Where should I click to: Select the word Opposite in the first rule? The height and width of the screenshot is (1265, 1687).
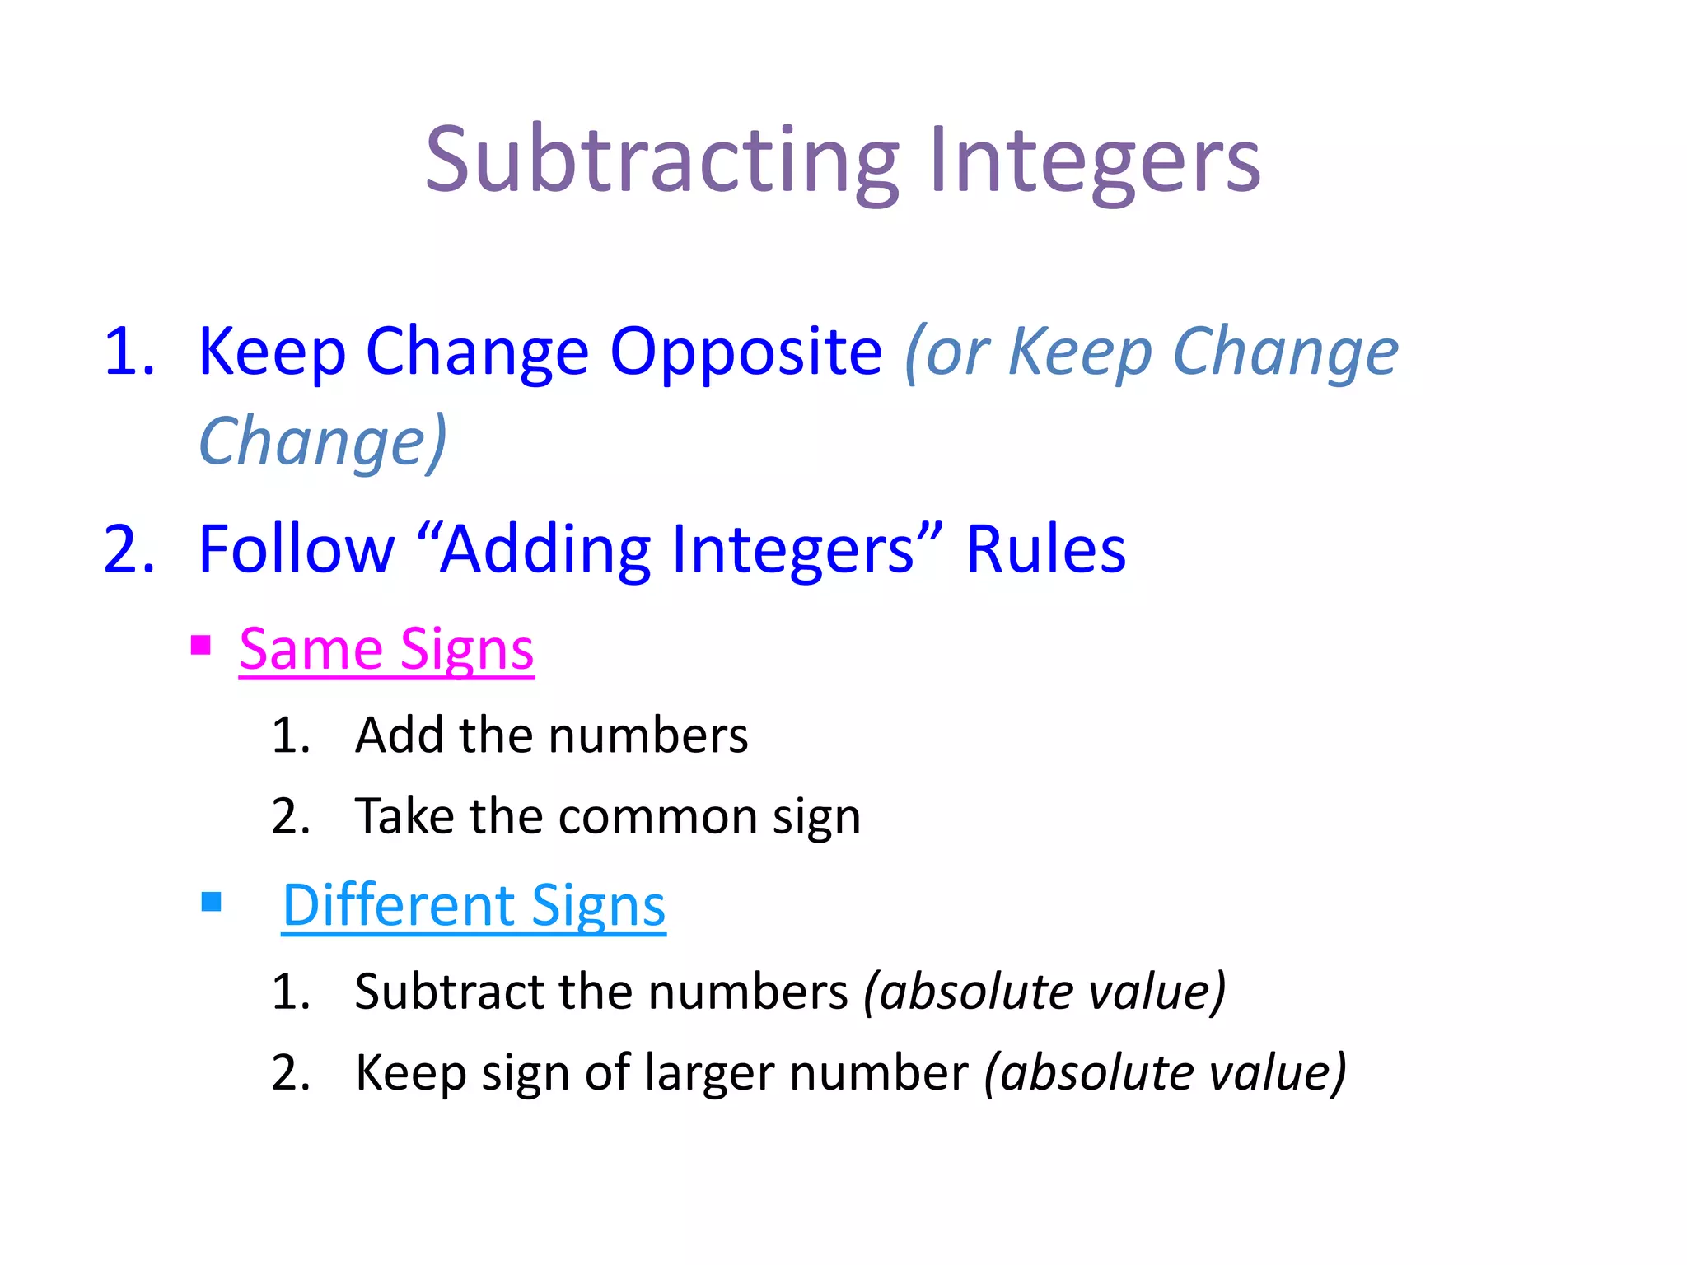point(745,352)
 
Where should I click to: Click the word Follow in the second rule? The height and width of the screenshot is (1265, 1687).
point(297,550)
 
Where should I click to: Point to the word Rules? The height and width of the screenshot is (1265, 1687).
point(1045,550)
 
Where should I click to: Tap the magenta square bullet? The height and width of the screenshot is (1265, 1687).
point(200,644)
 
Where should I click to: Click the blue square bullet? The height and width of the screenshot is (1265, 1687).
point(212,902)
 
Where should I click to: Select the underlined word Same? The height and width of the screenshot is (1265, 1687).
point(310,651)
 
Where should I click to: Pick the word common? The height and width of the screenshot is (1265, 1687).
point(657,817)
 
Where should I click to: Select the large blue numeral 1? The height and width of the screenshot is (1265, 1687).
point(127,352)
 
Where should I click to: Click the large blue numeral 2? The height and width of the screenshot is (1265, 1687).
point(129,550)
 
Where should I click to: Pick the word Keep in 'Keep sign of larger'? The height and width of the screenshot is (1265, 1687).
point(410,1073)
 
